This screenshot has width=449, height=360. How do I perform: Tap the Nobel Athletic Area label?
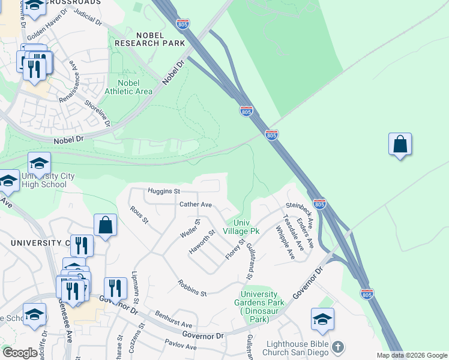pyautogui.click(x=128, y=87)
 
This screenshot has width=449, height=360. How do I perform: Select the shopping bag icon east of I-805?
pyautogui.click(x=400, y=145)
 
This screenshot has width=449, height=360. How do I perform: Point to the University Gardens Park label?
pyautogui.click(x=259, y=307)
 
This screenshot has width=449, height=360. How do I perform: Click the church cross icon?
pyautogui.click(x=338, y=347)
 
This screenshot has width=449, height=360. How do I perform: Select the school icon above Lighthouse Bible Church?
pyautogui.click(x=322, y=320)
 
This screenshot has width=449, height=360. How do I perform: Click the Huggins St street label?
pyautogui.click(x=164, y=191)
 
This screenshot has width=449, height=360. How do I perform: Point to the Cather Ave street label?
pyautogui.click(x=196, y=205)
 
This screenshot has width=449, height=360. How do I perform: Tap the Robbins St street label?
pyautogui.click(x=192, y=289)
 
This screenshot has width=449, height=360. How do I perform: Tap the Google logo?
pyautogui.click(x=20, y=353)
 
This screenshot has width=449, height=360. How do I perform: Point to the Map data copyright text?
pyautogui.click(x=411, y=355)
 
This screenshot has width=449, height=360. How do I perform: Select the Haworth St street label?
pyautogui.click(x=202, y=242)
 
